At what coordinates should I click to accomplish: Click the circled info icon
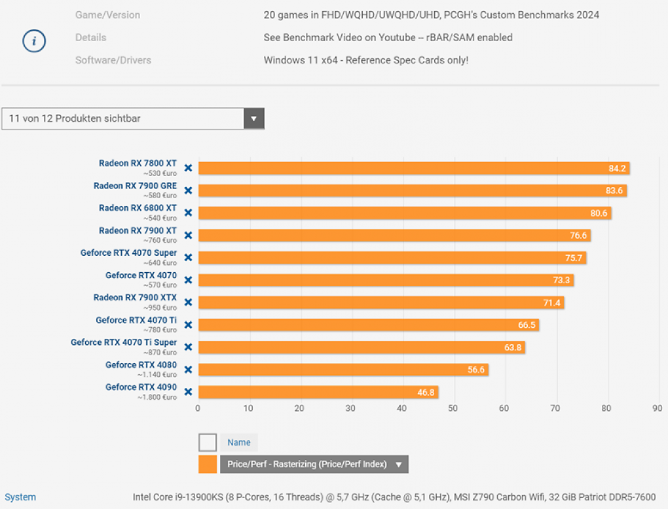34,41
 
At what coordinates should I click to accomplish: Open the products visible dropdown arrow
254,118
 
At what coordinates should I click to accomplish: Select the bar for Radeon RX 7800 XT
414,168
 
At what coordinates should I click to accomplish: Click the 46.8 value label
426,392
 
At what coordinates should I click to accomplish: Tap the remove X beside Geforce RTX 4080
188,370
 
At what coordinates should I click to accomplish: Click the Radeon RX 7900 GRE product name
135,186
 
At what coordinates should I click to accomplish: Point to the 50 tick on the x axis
453,408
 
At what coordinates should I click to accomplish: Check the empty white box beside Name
208,442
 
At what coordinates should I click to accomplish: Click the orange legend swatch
208,464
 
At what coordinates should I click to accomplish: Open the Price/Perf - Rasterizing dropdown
314,464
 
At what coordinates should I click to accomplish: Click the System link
20,497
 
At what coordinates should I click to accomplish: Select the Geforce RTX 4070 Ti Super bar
362,347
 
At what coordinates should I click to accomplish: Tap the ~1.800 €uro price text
157,397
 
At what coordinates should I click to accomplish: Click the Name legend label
239,443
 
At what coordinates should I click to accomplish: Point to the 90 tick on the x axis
658,408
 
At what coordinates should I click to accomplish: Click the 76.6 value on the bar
578,236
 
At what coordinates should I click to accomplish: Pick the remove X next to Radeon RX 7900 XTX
188,302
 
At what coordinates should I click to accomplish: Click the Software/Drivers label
113,60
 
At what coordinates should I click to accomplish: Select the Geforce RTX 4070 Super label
128,253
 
